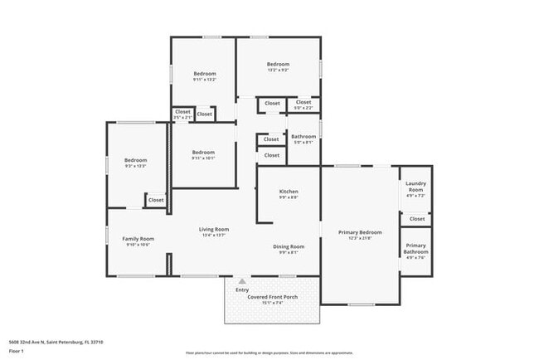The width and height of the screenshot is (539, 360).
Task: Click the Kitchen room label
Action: coord(288,192)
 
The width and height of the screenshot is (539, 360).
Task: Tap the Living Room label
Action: coord(214,229)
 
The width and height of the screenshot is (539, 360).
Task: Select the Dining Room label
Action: coord(289,246)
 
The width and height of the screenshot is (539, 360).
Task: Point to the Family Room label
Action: coord(138,239)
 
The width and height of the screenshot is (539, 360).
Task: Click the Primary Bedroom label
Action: coord(360,232)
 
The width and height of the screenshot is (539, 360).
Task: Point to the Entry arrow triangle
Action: coord(242,281)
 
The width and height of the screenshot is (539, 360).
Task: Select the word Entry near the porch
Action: coord(242,289)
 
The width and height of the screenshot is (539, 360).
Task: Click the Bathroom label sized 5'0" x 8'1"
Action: coord(303,136)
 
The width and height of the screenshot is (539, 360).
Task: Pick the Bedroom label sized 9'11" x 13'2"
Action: coord(204,74)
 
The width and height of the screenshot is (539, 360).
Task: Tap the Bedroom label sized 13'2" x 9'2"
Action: coord(278,65)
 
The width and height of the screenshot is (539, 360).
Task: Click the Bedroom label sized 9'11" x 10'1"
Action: coord(203,153)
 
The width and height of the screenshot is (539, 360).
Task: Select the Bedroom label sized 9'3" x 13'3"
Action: coord(135,160)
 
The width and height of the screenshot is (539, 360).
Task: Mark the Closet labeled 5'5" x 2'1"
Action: coord(182,112)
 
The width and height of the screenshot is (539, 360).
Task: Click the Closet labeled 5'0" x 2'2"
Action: coord(303,103)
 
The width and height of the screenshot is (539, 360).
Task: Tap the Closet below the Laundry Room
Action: coord(416,218)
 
